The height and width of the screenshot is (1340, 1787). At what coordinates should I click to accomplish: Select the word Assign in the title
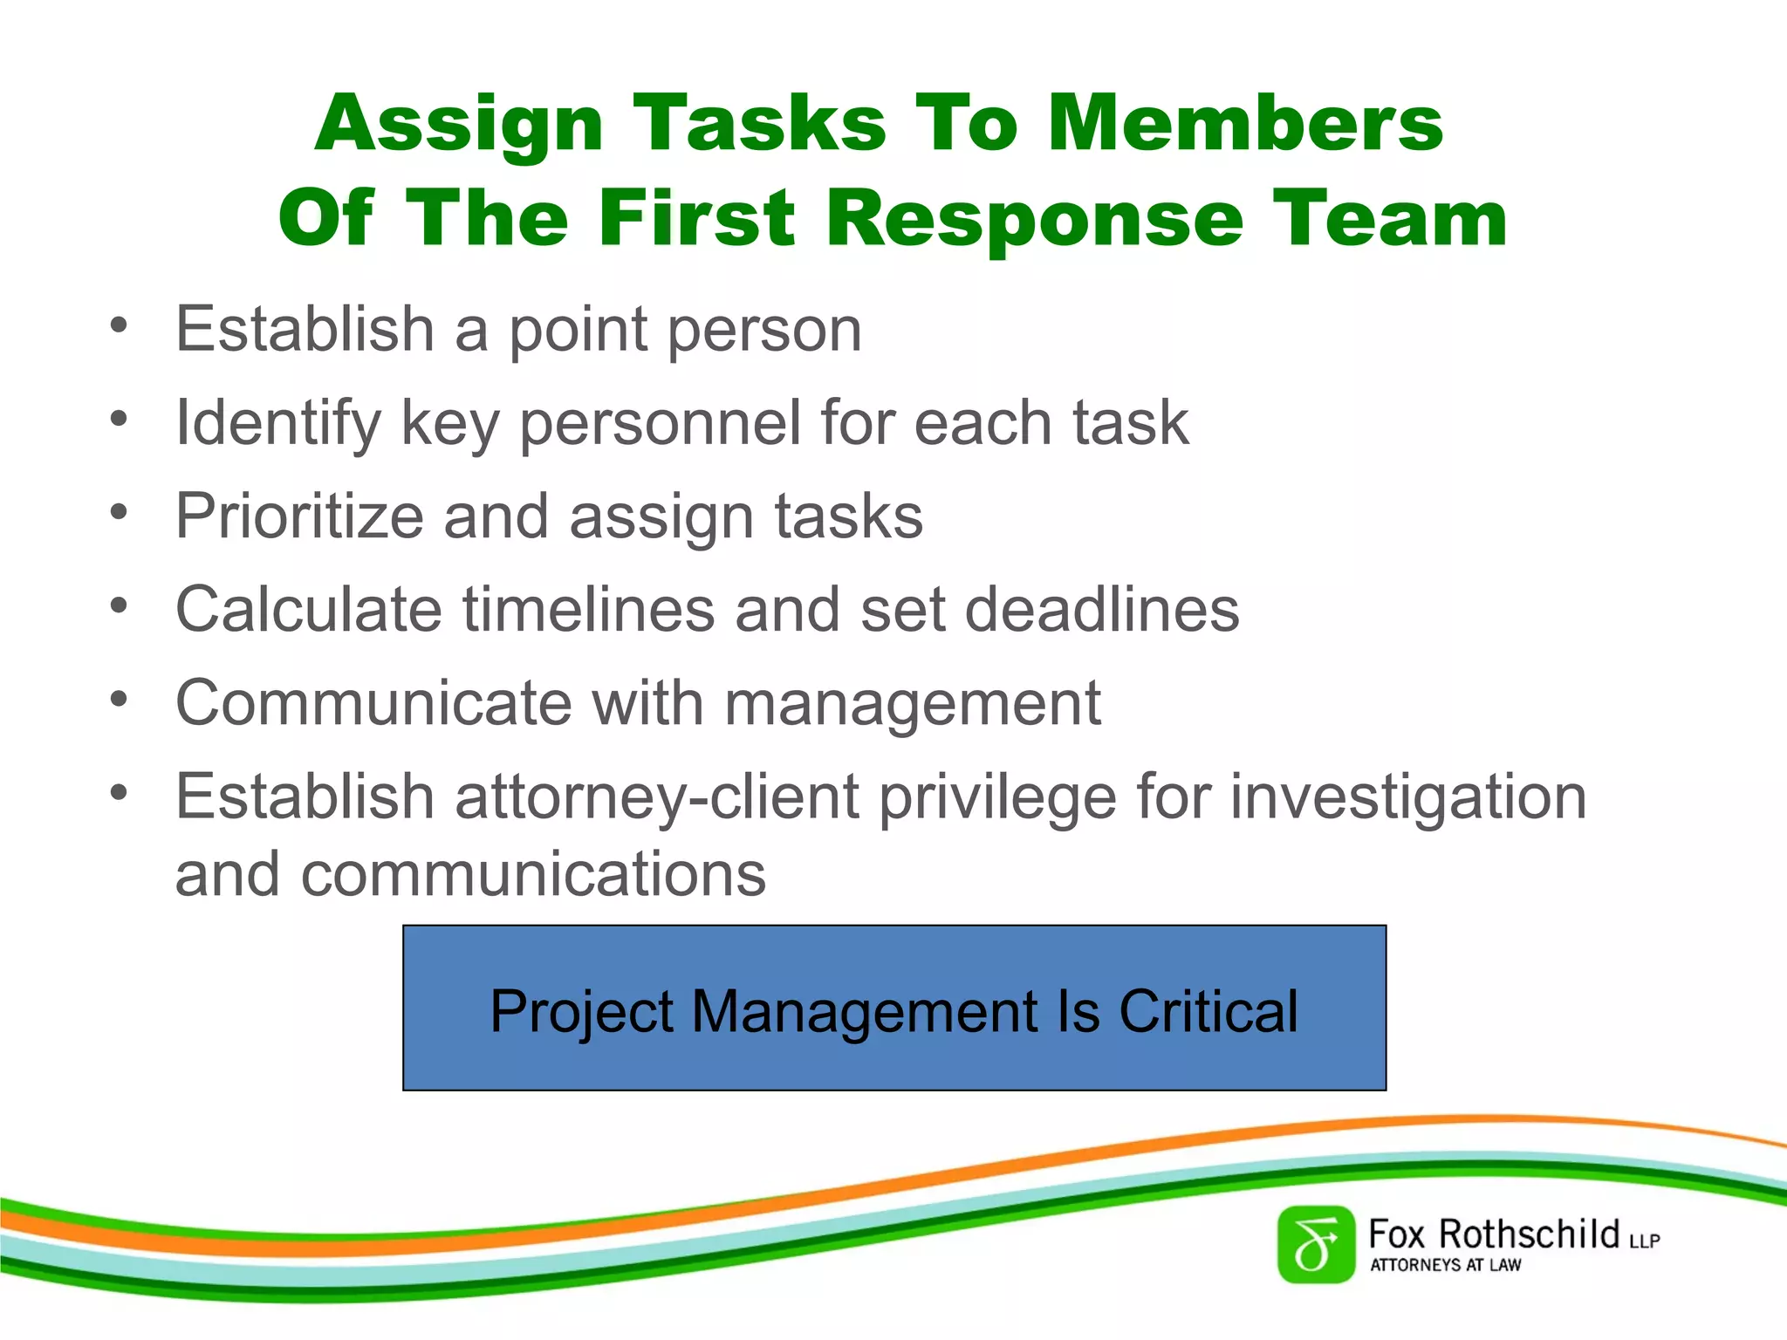[x=459, y=124]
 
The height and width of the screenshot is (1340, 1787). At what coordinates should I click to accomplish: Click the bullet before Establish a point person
[x=120, y=325]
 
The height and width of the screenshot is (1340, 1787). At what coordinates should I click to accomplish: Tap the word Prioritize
[x=299, y=517]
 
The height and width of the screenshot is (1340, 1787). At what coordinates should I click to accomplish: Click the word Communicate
[x=373, y=703]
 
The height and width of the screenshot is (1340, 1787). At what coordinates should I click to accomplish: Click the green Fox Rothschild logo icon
[x=1316, y=1245]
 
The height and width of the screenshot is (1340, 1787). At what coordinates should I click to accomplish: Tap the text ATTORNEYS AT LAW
[x=1445, y=1265]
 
